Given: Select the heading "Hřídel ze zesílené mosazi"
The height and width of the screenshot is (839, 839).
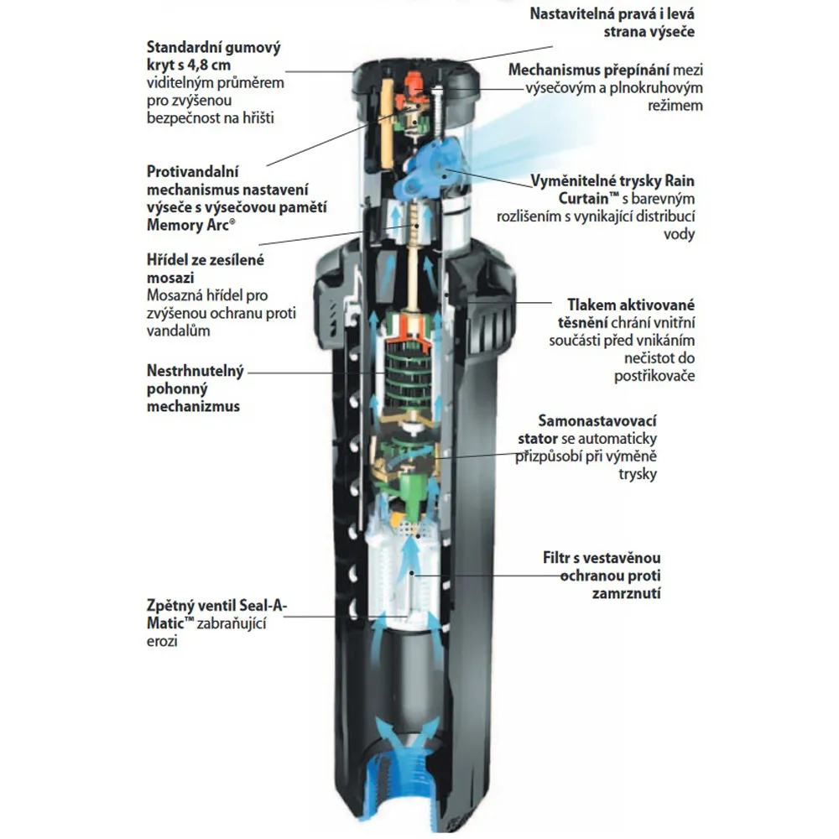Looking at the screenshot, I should coord(205,268).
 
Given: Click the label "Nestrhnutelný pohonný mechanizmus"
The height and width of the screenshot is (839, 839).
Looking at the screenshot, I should coord(195,388).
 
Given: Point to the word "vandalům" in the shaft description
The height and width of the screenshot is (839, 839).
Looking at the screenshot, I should coord(178,331).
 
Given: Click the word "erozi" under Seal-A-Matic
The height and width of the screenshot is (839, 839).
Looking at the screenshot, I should coord(163,641).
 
